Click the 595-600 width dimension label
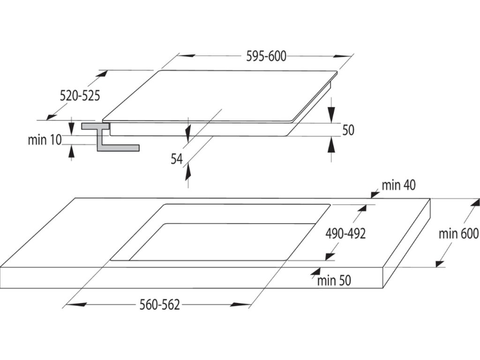click(x=266, y=56)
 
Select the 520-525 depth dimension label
click(x=80, y=96)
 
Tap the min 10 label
click(x=45, y=140)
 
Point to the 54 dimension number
click(x=176, y=159)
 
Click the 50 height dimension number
click(x=348, y=130)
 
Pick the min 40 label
click(x=398, y=185)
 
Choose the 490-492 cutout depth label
click(x=346, y=233)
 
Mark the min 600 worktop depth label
click(x=458, y=233)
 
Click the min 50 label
click(x=334, y=281)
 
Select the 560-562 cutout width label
click(x=160, y=305)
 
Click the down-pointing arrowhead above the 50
click(x=331, y=113)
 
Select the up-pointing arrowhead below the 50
click(x=331, y=145)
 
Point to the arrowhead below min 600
click(x=440, y=263)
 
